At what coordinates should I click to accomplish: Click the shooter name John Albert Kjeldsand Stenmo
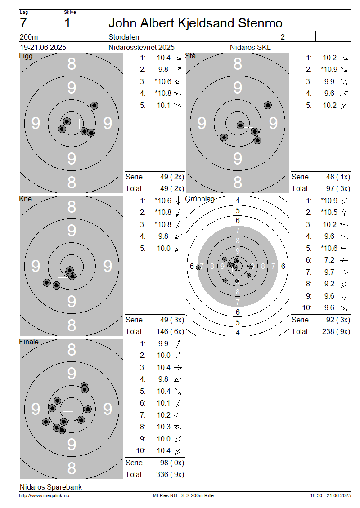click(195, 23)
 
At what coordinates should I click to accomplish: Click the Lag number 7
click(23, 23)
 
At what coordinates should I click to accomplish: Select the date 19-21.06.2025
click(43, 47)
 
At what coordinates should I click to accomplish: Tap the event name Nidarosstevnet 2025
click(141, 47)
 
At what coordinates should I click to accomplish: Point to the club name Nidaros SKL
click(250, 47)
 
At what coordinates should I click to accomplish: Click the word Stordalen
click(124, 37)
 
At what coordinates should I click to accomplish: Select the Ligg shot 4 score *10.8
click(163, 94)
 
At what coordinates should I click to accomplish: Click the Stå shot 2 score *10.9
click(329, 69)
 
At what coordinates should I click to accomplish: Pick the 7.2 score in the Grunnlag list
click(329, 260)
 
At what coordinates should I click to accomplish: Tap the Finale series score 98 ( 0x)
click(172, 463)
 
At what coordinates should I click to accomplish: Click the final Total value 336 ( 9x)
click(170, 474)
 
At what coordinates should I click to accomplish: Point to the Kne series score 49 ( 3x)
click(172, 320)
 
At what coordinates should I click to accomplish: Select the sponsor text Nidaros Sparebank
click(50, 486)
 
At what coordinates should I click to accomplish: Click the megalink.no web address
click(44, 495)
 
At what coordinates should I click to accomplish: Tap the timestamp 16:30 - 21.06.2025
click(330, 495)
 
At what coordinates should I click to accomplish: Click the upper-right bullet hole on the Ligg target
click(94, 105)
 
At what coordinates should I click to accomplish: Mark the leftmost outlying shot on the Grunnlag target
click(198, 267)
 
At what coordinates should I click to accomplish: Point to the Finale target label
click(29, 342)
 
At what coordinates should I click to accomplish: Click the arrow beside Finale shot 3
click(178, 367)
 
